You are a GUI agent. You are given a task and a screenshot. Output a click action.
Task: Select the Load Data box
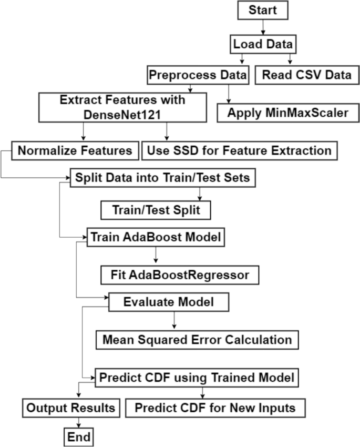[262, 44]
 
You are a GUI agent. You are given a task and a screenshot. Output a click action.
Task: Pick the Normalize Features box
[75, 150]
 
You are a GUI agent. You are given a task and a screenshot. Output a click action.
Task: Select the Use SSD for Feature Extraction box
[239, 150]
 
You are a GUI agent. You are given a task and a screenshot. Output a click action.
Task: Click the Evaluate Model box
[168, 302]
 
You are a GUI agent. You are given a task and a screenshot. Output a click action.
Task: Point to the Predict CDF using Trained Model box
[198, 377]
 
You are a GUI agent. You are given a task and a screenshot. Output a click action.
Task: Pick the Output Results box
[71, 408]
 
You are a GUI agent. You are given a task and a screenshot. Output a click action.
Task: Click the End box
[79, 436]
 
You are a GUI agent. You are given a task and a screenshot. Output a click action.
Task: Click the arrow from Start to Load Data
[262, 27]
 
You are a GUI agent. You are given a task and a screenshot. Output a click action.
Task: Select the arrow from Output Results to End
[79, 422]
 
